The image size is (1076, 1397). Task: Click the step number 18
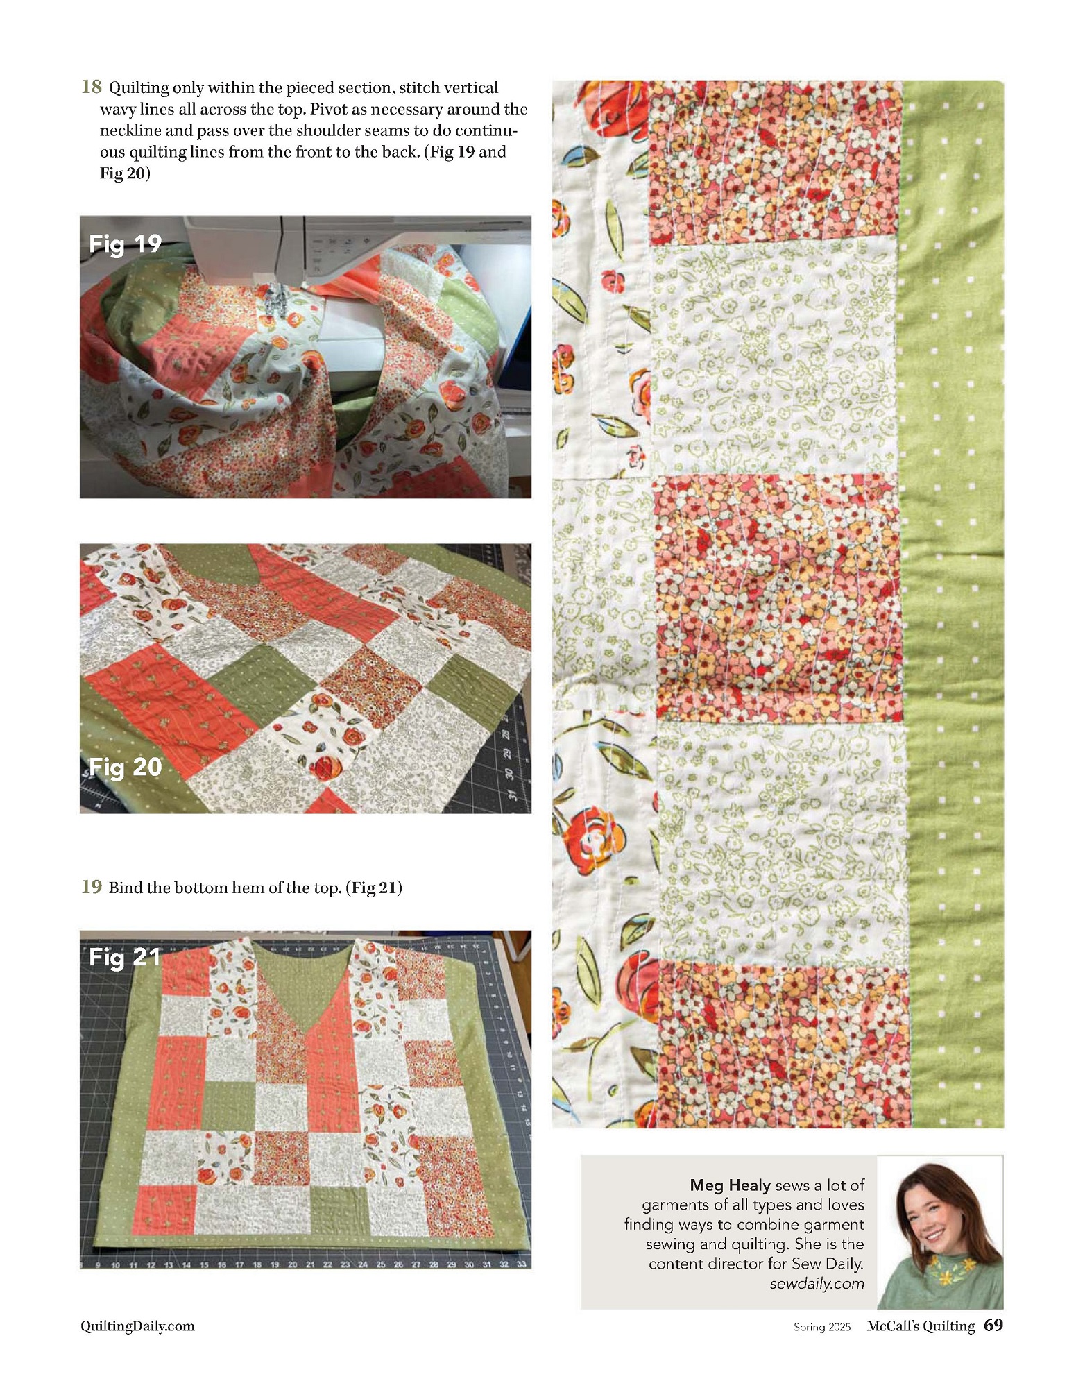[92, 87]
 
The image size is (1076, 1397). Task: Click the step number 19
[92, 886]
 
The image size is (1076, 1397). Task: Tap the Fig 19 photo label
[125, 244]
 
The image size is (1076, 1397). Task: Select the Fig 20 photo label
[125, 767]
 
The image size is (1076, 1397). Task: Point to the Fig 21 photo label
[125, 957]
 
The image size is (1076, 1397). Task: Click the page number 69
[993, 1325]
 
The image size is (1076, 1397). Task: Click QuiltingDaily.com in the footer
[137, 1326]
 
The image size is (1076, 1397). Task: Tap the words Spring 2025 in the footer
[822, 1327]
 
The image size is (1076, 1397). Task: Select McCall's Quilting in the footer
[921, 1326]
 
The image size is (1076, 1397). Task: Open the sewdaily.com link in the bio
[817, 1283]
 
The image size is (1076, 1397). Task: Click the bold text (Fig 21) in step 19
[374, 888]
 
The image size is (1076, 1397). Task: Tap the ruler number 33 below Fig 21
[521, 1264]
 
